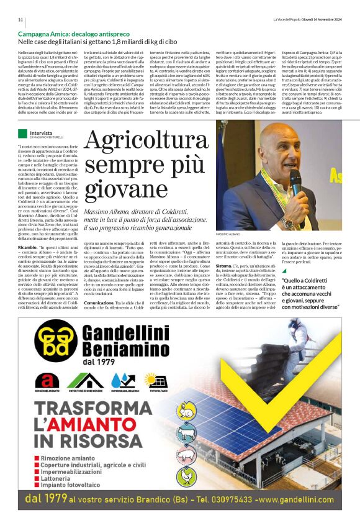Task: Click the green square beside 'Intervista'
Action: point(22,133)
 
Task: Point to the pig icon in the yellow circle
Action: point(185,455)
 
